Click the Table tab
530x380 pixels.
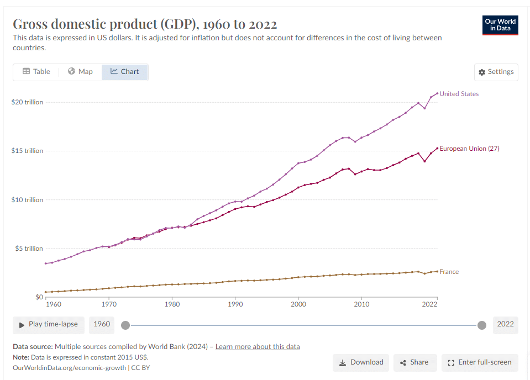click(x=36, y=72)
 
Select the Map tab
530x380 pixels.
click(x=80, y=72)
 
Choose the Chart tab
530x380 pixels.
click(x=125, y=72)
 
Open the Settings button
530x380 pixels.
click(x=496, y=72)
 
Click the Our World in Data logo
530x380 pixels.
click(x=500, y=25)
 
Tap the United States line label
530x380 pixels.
click(x=459, y=94)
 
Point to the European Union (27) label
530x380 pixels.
click(x=469, y=149)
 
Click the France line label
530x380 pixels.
click(x=449, y=272)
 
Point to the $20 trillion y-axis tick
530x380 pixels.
click(x=27, y=102)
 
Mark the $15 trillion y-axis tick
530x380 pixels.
click(x=27, y=151)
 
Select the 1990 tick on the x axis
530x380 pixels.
click(x=235, y=304)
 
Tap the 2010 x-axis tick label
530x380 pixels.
click(x=361, y=304)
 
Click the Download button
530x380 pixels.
click(x=361, y=362)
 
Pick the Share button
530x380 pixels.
click(x=414, y=362)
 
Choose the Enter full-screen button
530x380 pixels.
click(x=480, y=362)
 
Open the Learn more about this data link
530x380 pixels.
click(x=258, y=347)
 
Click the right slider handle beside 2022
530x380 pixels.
click(x=482, y=325)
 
